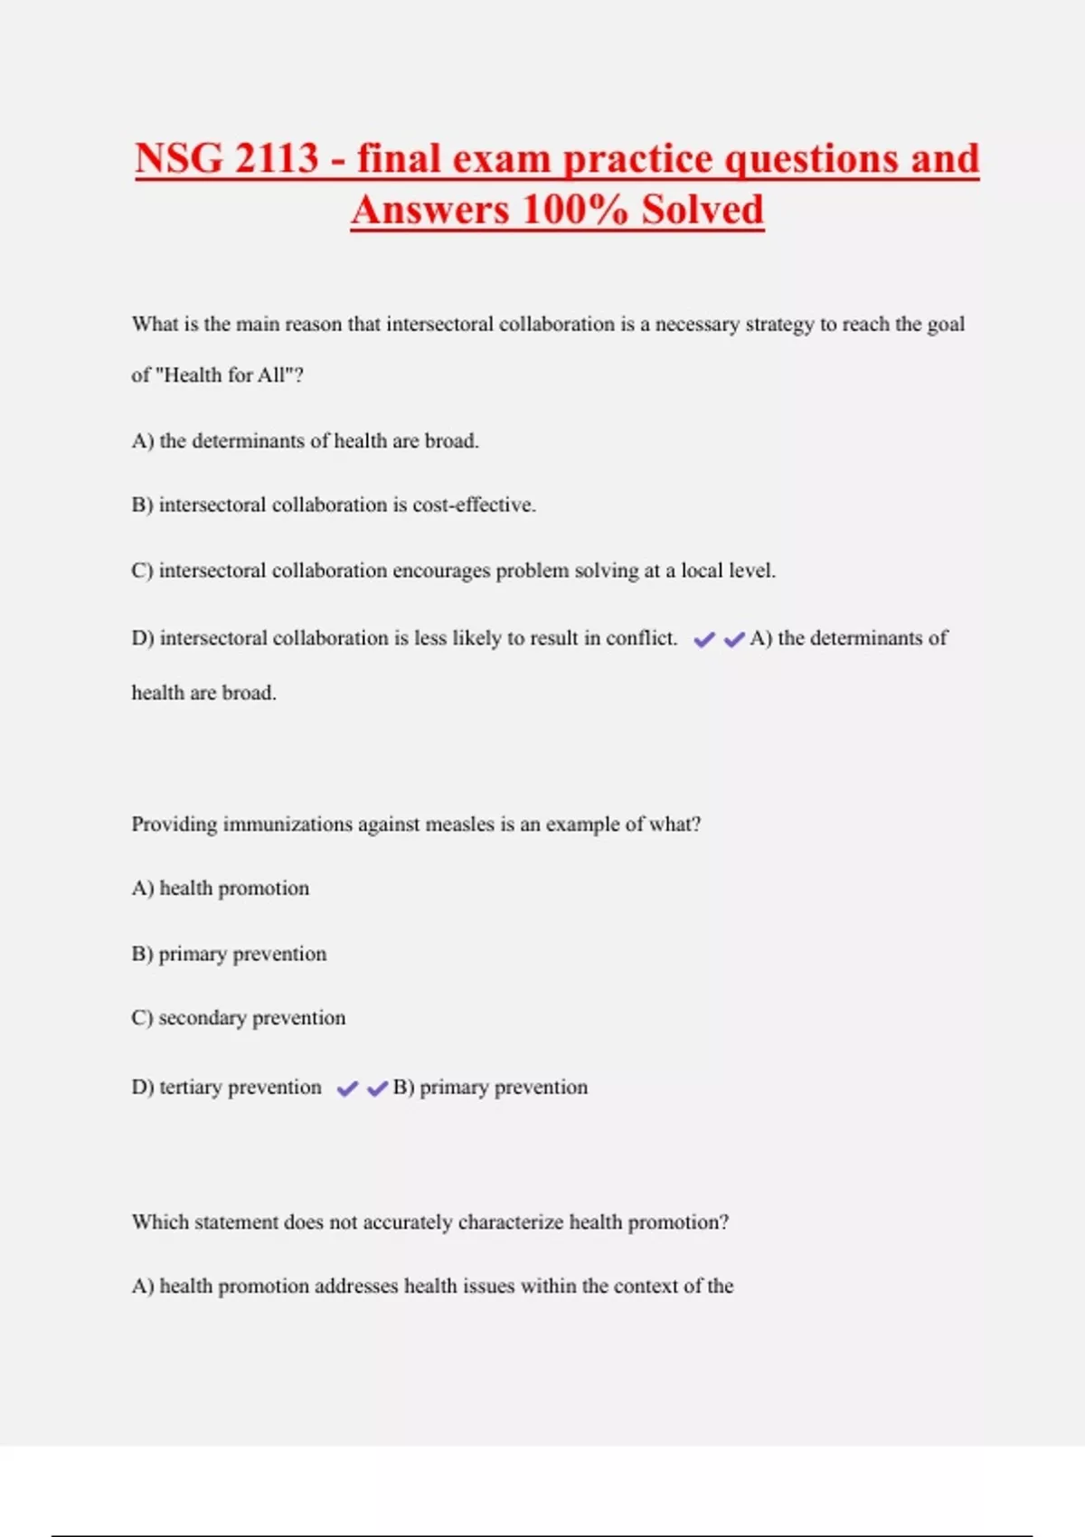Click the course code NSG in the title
(179, 159)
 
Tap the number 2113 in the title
(277, 159)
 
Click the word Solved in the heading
(703, 210)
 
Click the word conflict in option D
(641, 638)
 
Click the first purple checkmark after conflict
(704, 640)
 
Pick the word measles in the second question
(458, 825)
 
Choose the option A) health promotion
(221, 889)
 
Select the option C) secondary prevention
(239, 1018)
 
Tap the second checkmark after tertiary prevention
(378, 1089)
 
